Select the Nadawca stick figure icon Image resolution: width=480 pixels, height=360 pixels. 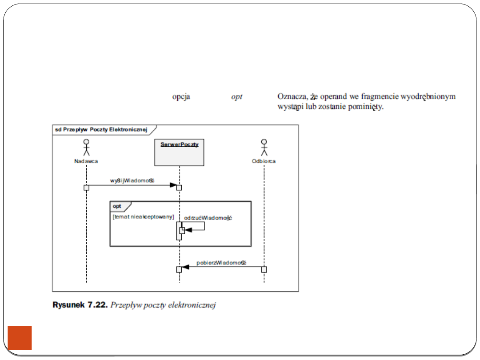(x=86, y=147)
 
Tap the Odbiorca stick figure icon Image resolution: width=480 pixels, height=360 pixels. (x=264, y=147)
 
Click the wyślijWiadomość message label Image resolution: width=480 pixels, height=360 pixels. (x=132, y=180)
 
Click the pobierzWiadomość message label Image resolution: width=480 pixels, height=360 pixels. (x=221, y=263)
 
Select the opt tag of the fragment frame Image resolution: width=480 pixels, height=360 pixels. (x=117, y=206)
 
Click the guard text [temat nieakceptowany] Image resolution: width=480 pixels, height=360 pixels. (x=143, y=216)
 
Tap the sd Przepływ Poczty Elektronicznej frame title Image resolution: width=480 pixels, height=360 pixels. (x=101, y=129)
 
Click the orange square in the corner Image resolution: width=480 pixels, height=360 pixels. (x=20, y=338)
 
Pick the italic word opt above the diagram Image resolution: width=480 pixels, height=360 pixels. (x=236, y=96)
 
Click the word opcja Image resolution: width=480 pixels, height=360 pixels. (x=181, y=96)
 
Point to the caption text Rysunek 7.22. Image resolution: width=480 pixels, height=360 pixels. (x=80, y=305)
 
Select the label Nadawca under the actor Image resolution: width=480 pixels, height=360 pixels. (x=86, y=161)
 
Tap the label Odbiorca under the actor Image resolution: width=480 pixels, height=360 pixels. (x=264, y=161)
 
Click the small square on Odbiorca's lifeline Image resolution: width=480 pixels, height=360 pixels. (x=264, y=269)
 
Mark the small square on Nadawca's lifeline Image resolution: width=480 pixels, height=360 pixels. (x=86, y=187)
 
